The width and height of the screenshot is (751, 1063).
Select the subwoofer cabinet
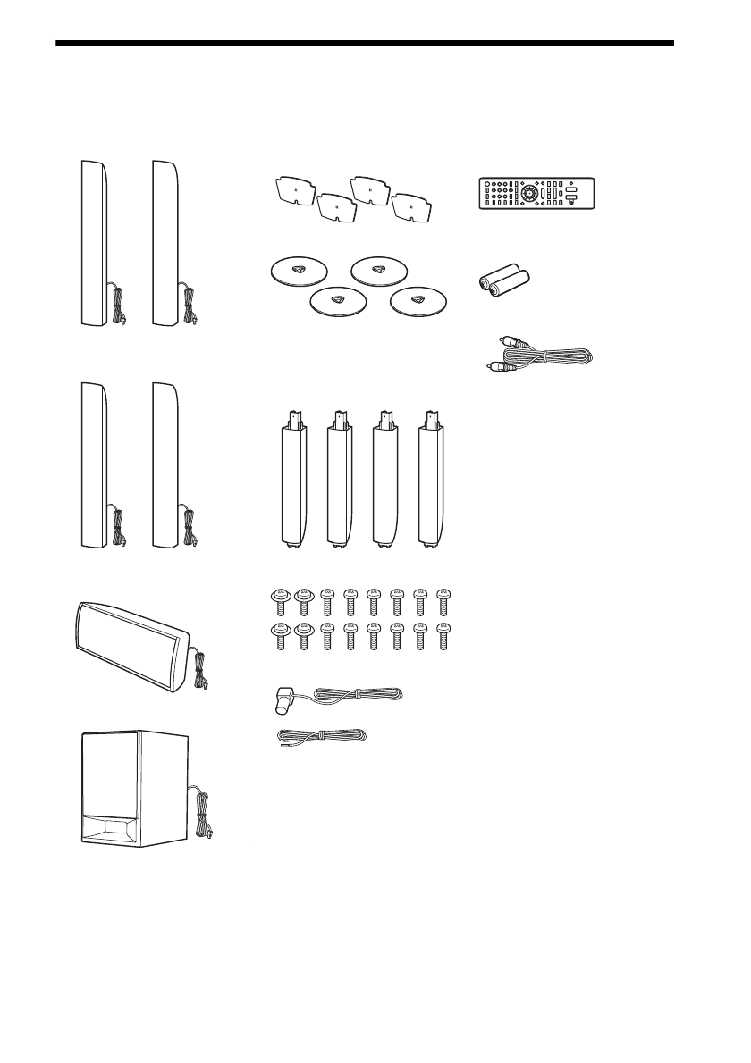pyautogui.click(x=134, y=787)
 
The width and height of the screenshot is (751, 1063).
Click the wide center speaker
pyautogui.click(x=133, y=644)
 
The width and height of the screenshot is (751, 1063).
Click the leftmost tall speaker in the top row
pyautogui.click(x=93, y=242)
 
